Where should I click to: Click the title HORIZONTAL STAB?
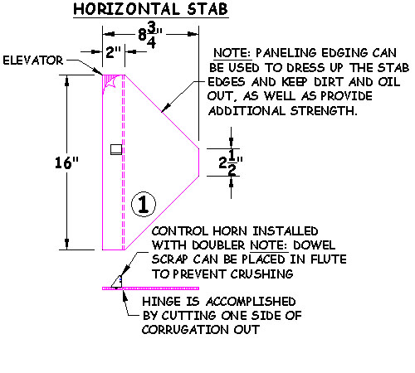tap(151, 9)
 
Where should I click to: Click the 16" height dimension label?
tap(66, 162)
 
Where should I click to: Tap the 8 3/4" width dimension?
tap(150, 35)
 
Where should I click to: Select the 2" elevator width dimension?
tap(114, 51)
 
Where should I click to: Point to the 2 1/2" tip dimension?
tap(231, 163)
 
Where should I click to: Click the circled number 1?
tap(143, 204)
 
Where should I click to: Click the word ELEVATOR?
tap(33, 61)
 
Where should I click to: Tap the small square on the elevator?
tap(116, 149)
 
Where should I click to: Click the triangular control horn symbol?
tap(117, 282)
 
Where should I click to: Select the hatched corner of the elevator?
tap(112, 82)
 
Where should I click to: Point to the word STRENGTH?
tap(324, 111)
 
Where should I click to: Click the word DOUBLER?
tap(218, 245)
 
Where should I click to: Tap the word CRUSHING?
tap(261, 274)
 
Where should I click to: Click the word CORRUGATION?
tap(185, 330)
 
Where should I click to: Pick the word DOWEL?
tap(314, 245)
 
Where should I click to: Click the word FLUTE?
tap(329, 259)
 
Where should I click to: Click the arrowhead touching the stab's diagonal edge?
tap(165, 108)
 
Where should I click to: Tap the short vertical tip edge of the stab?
tap(198, 162)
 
